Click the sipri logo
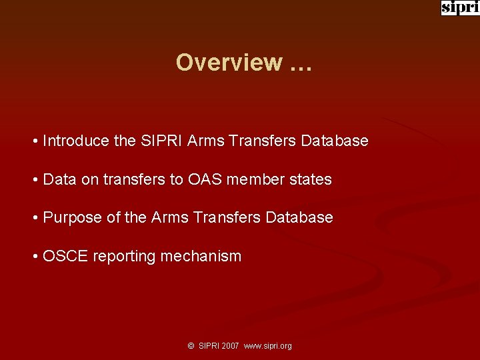tap(460, 8)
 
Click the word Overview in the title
tap(229, 62)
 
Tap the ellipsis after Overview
tap(301, 62)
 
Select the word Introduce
tap(77, 141)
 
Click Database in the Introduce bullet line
tap(335, 141)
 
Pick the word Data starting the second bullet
tap(59, 179)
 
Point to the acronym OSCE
tap(65, 256)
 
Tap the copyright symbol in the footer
tap(191, 346)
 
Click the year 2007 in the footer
tap(231, 346)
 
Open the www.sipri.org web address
tap(268, 346)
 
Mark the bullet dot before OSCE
tap(34, 257)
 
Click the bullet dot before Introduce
tap(34, 141)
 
